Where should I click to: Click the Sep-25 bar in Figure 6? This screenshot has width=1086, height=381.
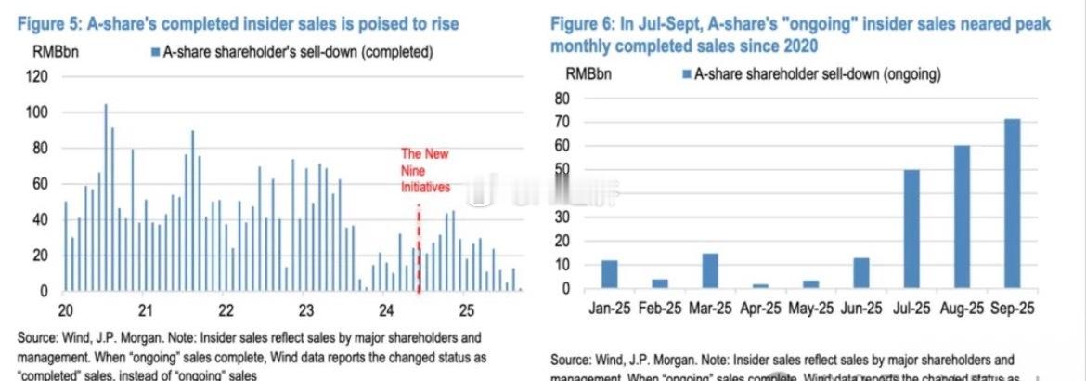click(1012, 204)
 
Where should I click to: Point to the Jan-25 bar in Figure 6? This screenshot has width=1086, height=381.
click(609, 274)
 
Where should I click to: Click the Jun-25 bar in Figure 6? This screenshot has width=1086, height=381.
click(861, 272)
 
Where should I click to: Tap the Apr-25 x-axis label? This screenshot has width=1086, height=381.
click(760, 308)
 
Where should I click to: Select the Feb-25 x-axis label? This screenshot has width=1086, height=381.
click(659, 308)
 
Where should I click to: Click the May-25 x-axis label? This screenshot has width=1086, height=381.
click(810, 308)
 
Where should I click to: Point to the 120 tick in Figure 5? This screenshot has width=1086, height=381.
click(35, 77)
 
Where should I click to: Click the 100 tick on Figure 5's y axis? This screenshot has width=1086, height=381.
click(35, 112)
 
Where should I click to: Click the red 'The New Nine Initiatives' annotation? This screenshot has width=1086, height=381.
click(424, 170)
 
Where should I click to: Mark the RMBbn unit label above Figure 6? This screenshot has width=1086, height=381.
click(588, 73)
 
